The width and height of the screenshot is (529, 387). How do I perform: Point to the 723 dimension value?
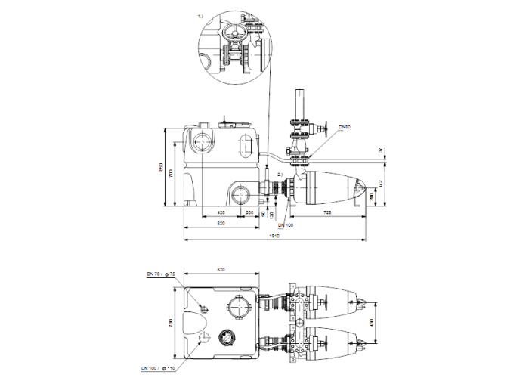click(328, 213)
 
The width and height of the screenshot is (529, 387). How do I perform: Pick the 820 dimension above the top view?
click(221, 270)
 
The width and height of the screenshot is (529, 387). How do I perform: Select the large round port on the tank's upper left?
click(203, 142)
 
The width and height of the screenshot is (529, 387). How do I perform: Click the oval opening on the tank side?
click(246, 146)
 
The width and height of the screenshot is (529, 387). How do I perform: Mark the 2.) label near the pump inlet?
click(280, 175)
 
